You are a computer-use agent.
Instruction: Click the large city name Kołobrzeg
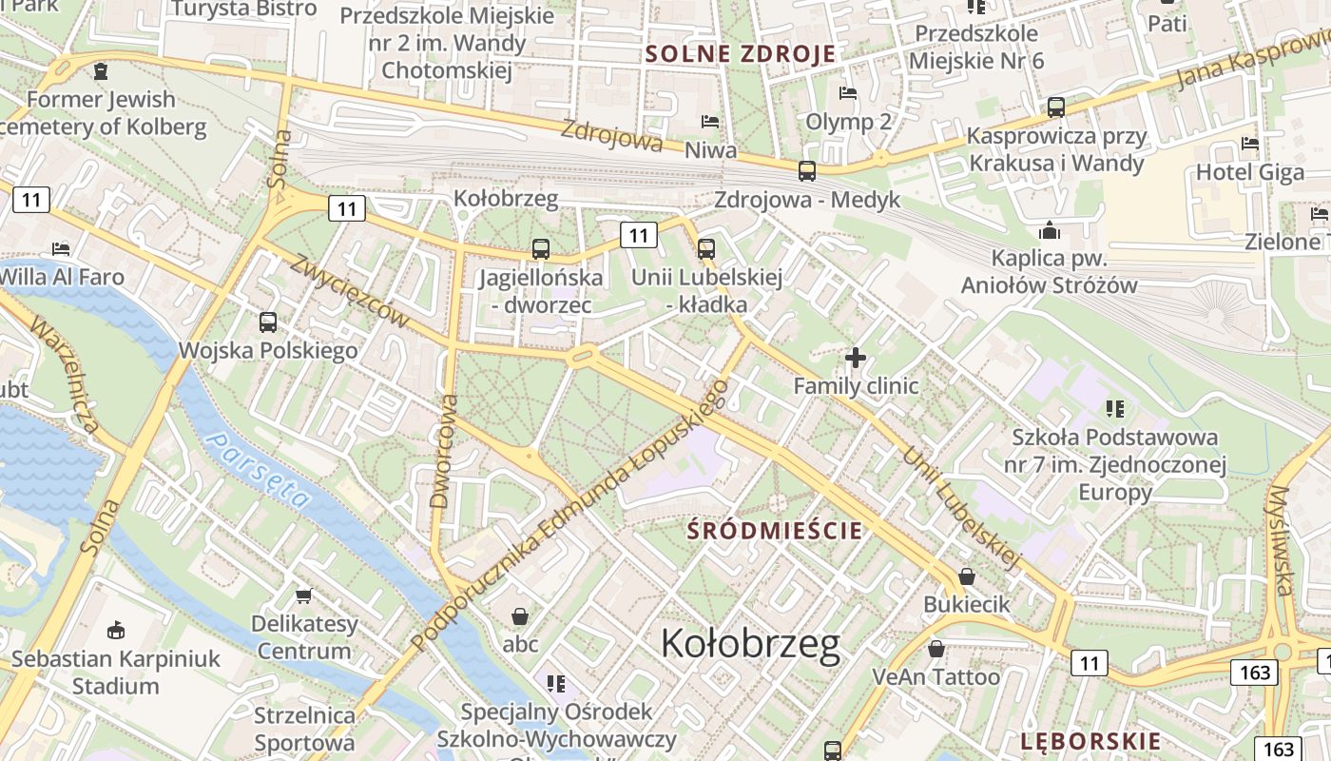pos(750,644)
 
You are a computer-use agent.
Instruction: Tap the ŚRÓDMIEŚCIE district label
pos(775,531)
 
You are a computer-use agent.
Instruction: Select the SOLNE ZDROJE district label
pos(741,53)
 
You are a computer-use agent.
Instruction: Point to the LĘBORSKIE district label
pos(1090,741)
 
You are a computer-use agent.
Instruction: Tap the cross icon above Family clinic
pos(856,358)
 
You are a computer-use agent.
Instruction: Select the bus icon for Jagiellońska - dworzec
pos(540,249)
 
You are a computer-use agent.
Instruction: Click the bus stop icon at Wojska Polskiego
pos(268,322)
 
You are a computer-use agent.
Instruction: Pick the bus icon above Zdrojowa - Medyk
pos(806,171)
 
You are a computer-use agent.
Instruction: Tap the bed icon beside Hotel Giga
pos(1250,145)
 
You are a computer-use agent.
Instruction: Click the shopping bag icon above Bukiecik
pos(967,576)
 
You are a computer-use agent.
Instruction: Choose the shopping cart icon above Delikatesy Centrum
pos(303,596)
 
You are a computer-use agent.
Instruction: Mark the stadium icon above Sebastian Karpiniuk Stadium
pos(116,630)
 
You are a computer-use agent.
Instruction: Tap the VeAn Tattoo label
pos(936,676)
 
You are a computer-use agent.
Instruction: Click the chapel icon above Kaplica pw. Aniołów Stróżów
pos(1049,230)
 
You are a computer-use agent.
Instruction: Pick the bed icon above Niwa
pos(710,122)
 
